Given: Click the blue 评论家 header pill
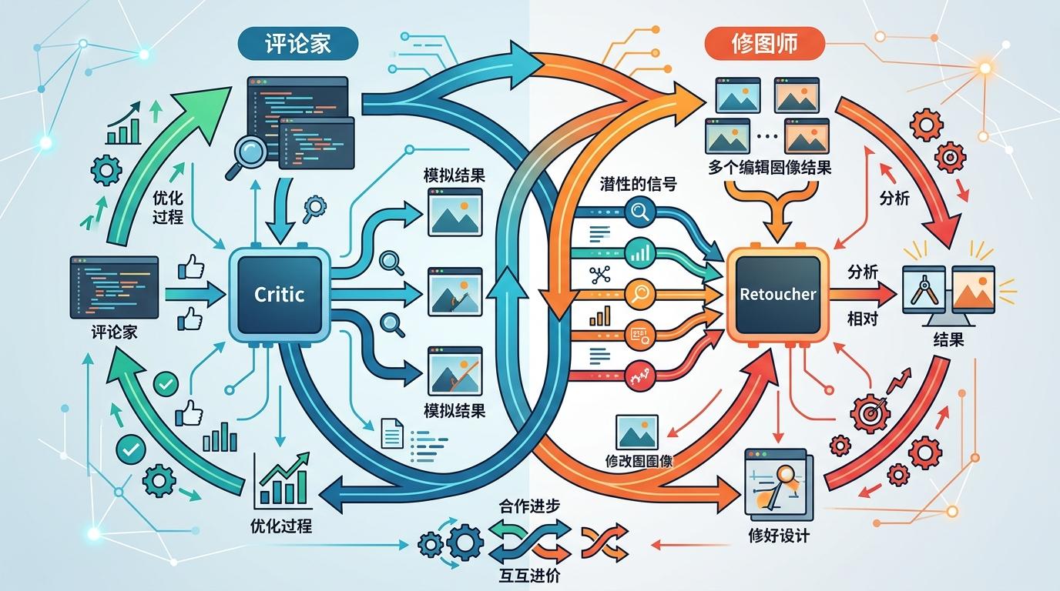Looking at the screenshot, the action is (x=297, y=44).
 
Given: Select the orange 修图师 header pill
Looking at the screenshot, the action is (x=765, y=44).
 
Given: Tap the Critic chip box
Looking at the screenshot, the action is (x=279, y=294).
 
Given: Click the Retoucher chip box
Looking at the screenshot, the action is (x=777, y=294).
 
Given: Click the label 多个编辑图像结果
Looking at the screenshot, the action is (x=770, y=167).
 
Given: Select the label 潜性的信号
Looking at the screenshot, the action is (x=639, y=183).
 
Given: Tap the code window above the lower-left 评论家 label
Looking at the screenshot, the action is (x=114, y=287).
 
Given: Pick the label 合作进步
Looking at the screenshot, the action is (x=529, y=506).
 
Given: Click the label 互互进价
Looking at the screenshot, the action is (x=529, y=576).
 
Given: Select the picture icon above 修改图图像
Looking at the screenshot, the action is (x=637, y=432).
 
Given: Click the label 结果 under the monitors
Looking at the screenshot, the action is (x=948, y=339).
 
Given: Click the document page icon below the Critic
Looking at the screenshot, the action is (x=392, y=433).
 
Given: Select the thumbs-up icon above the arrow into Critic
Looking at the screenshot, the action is (x=191, y=267).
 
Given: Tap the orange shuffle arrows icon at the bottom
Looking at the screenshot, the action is (x=604, y=542).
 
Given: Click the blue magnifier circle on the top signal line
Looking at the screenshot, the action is (x=640, y=212).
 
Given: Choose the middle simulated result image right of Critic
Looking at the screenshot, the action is (x=455, y=292).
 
